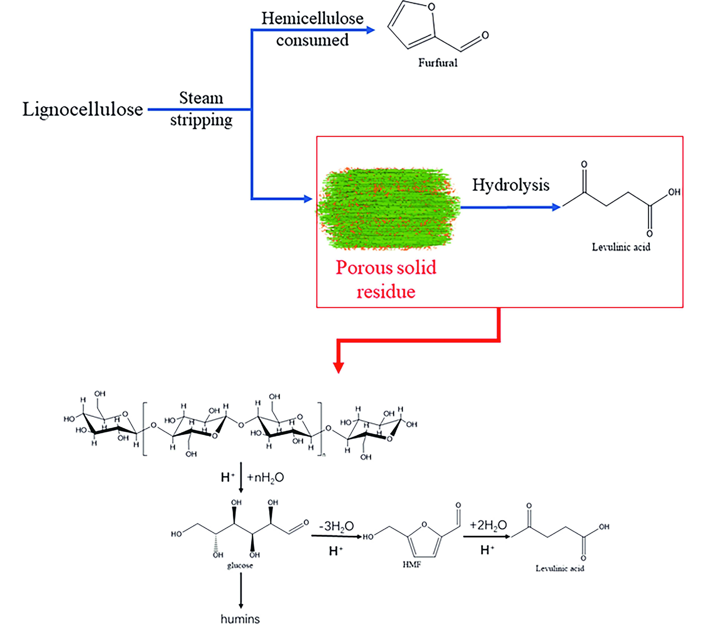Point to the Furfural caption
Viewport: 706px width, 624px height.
tap(438, 63)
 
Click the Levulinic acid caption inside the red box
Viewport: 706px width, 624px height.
tap(621, 247)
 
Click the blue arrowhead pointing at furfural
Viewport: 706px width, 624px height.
tap(370, 30)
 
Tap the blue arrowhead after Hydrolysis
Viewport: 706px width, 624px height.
tap(556, 207)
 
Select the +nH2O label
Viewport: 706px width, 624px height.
tap(265, 477)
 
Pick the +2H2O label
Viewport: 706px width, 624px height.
tap(488, 525)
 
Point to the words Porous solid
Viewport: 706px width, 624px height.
tap(386, 268)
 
